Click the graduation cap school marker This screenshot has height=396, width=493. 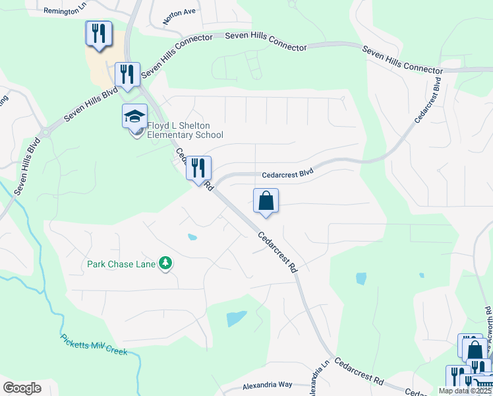pyautogui.click(x=134, y=117)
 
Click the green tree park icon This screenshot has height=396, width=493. pyautogui.click(x=166, y=264)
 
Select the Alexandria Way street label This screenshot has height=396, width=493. pyautogui.click(x=267, y=384)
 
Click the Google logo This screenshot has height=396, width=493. pyautogui.click(x=22, y=387)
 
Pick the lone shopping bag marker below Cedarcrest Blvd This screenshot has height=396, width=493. pyautogui.click(x=266, y=201)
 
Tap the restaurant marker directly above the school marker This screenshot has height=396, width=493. pyautogui.click(x=127, y=74)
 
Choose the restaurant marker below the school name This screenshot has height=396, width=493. pyautogui.click(x=198, y=168)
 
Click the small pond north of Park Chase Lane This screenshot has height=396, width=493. pyautogui.click(x=192, y=237)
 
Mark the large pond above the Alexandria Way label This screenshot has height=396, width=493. pyautogui.click(x=237, y=319)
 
